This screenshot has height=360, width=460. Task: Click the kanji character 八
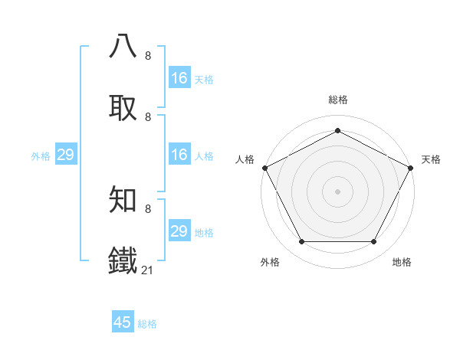pos(123,47)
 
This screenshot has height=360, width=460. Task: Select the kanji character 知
pos(123,200)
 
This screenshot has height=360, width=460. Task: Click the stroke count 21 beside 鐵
pos(148,270)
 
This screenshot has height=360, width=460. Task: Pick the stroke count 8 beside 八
pos(148,56)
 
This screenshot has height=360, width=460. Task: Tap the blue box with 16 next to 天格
pos(179,78)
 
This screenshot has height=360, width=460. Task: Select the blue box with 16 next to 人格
pos(179,155)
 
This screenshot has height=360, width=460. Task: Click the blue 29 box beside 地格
pos(179,231)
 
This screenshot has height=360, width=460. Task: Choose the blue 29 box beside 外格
pos(65,155)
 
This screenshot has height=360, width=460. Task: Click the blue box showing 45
pos(123,322)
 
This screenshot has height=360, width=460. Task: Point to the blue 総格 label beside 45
pos(147,324)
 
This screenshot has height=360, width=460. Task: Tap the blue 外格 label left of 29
pos(41,156)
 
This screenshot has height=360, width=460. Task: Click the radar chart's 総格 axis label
pos(337,100)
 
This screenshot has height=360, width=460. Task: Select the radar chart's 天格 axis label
pos(431,159)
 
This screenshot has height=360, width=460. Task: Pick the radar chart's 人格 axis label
pos(245,159)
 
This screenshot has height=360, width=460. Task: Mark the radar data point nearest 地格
pos(374,242)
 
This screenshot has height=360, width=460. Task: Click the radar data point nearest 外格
pos(301,242)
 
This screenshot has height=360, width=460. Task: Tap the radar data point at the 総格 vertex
pos(337,130)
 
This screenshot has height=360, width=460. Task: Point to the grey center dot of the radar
pos(337,191)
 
